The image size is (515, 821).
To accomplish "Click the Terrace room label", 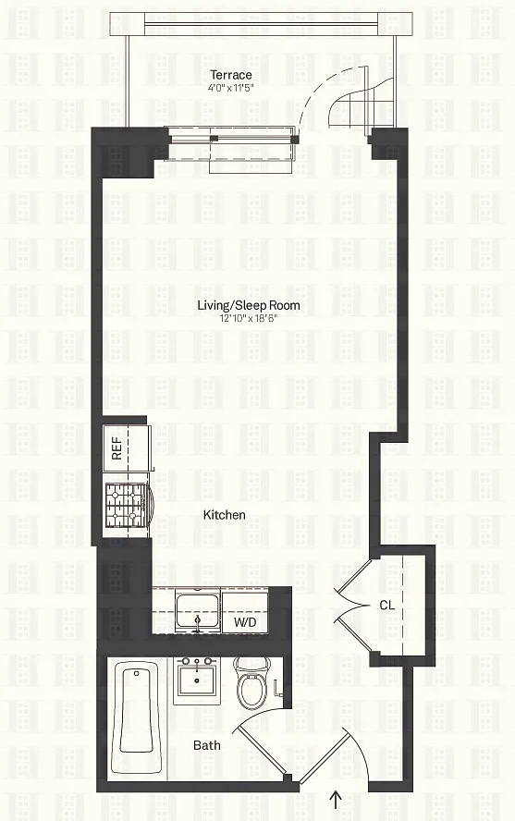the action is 231,75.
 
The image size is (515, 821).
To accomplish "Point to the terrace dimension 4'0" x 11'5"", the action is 231,88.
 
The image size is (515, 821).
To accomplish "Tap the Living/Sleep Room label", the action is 249,305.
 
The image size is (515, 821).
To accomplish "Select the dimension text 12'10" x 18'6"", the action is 249,318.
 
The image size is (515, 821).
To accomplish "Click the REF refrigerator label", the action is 116,448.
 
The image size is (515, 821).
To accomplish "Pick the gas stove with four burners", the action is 128,506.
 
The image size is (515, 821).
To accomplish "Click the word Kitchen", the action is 224,515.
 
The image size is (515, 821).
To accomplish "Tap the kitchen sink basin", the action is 198,610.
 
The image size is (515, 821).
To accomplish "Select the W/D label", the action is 245,622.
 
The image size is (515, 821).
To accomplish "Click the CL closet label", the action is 387,606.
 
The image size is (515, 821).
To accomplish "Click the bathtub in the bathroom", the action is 137,719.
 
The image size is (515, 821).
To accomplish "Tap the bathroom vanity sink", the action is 197,677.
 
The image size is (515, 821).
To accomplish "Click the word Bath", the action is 207,745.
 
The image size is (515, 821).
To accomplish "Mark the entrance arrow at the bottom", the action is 336,799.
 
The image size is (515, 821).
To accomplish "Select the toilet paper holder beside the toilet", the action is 279,688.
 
